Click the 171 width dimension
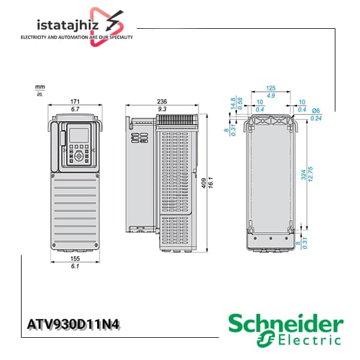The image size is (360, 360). [x=75, y=101]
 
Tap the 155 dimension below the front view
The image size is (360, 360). [x=75, y=259]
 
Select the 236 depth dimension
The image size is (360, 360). [x=162, y=101]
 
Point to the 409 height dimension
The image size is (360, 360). [x=203, y=183]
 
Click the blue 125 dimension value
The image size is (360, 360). [x=271, y=88]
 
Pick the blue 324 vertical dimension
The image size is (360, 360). [x=304, y=175]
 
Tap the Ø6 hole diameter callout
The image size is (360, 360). [x=316, y=110]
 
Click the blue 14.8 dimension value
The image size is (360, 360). [x=233, y=104]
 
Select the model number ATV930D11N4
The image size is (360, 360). [x=73, y=325]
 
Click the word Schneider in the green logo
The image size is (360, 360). [x=286, y=323]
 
